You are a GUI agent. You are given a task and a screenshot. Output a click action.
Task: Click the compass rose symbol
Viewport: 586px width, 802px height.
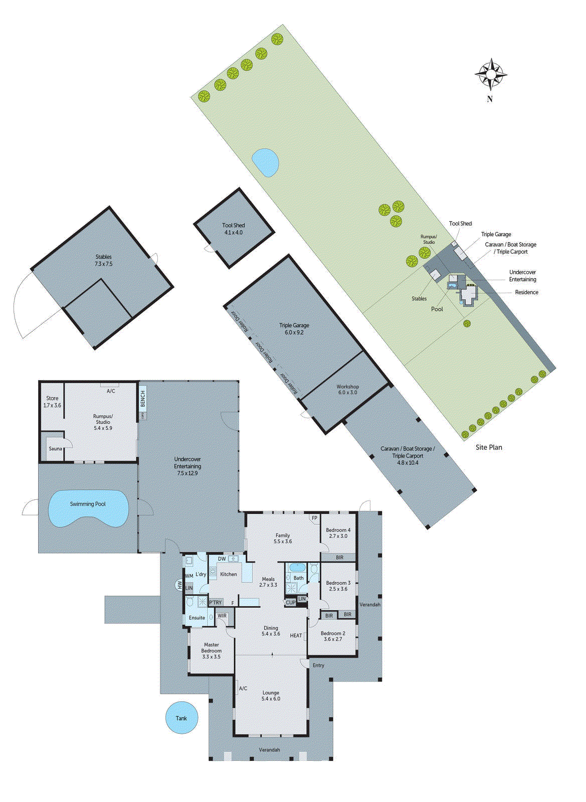point(491,75)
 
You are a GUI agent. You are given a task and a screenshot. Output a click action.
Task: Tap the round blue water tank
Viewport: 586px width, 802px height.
point(181,718)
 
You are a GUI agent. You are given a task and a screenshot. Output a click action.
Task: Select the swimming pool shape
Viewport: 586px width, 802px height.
point(88,508)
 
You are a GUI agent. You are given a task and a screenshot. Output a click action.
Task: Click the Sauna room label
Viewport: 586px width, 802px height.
point(55,449)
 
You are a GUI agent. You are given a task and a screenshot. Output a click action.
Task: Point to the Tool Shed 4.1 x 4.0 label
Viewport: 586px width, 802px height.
point(233,229)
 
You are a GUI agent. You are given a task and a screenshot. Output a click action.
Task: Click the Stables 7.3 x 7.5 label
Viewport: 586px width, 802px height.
point(104,260)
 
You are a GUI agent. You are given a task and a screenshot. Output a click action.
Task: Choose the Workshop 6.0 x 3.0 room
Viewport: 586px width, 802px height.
point(347,389)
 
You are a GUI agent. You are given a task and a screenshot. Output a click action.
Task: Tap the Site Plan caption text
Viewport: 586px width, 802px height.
point(489,447)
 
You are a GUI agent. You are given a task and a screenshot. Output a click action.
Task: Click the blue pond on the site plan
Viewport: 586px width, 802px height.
point(265,162)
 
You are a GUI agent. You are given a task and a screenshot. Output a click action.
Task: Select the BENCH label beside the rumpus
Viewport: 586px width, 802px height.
point(143,399)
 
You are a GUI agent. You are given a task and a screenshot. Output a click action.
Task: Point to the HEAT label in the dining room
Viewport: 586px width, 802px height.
point(296,636)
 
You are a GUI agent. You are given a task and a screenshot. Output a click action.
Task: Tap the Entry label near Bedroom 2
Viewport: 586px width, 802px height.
point(318,665)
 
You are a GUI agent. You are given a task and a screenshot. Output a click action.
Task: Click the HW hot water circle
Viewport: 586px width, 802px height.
point(179,584)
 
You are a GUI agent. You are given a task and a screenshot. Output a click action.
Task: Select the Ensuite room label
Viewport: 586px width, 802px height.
point(197,618)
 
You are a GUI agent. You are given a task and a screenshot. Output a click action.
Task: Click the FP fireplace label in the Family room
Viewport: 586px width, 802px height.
point(314,518)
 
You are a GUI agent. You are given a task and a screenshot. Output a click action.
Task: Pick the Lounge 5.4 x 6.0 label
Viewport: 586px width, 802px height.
point(271,696)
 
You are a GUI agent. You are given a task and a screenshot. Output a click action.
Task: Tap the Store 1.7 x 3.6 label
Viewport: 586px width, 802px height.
point(52,402)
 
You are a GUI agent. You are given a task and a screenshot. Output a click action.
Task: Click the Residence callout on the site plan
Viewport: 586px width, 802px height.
point(526,292)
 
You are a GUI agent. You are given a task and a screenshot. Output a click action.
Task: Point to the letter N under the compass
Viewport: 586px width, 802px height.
point(490,99)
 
